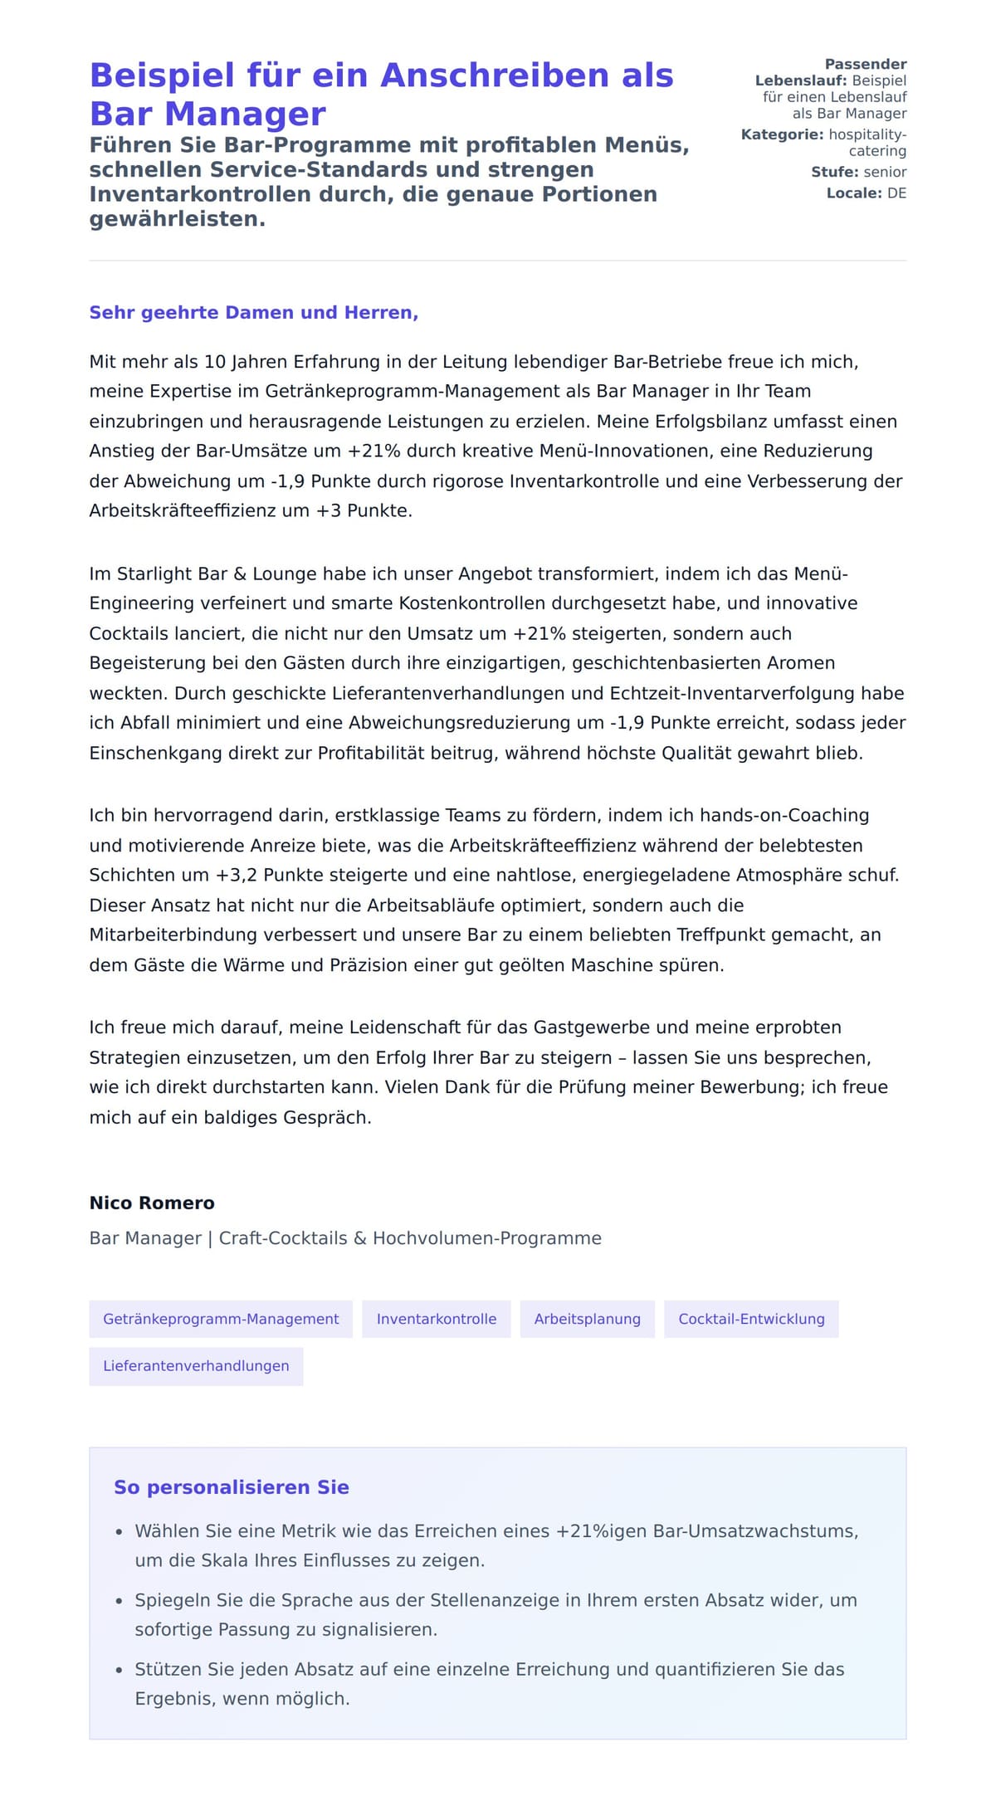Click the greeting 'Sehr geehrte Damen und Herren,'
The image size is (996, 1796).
(253, 313)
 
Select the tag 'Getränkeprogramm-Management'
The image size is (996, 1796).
(221, 1319)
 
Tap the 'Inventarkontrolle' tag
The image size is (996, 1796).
(437, 1319)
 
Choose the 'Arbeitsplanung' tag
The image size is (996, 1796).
(587, 1319)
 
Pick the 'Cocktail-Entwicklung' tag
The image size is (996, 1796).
(751, 1319)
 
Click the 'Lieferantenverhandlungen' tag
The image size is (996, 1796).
(196, 1365)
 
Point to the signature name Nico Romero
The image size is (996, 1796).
(152, 1203)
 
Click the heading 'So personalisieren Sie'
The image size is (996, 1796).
(232, 1487)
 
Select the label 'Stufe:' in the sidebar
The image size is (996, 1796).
(835, 173)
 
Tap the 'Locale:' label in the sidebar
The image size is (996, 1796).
(854, 193)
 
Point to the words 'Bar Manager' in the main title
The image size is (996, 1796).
(207, 114)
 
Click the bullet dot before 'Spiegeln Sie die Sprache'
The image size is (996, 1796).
(120, 1601)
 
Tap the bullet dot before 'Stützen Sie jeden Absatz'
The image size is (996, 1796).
(120, 1670)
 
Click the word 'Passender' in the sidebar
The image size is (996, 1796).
(865, 64)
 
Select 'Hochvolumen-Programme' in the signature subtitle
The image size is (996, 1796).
(487, 1238)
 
